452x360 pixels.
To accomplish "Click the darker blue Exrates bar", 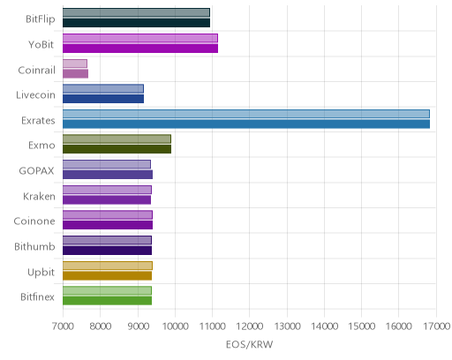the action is tap(246, 124).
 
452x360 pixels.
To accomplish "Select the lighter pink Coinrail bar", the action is tap(75, 64).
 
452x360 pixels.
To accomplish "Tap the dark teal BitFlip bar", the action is tap(136, 23).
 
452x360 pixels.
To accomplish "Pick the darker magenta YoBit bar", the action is tap(140, 49).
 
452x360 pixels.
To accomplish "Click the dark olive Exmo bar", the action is tap(117, 149).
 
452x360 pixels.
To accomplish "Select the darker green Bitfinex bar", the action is tap(107, 301).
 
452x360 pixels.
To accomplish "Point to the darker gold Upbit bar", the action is tap(107, 275).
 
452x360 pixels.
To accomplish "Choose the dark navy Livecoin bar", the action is tap(103, 99).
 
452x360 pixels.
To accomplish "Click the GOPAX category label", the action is tap(36, 171).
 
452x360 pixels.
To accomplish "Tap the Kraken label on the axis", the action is tap(39, 196).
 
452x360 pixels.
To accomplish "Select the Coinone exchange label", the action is tap(34, 221).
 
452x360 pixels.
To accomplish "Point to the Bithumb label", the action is tap(34, 246).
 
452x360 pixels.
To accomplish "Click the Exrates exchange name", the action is tap(38, 121).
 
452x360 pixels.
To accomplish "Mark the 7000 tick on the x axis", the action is tap(63, 326).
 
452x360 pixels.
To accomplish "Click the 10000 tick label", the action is tap(175, 326).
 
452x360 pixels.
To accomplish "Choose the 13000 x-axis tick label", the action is tap(288, 326).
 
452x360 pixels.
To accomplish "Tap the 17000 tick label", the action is tap(437, 326).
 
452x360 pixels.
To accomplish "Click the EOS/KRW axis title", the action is tap(249, 344).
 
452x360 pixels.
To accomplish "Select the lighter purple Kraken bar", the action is tap(107, 190).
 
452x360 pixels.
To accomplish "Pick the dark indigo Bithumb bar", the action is tap(107, 251).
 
